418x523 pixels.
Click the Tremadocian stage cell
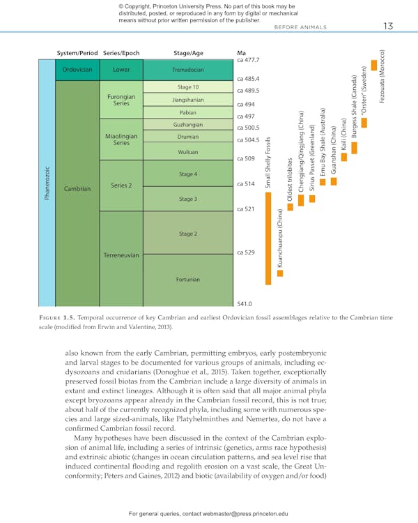click(187, 70)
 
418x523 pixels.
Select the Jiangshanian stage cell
click(187, 100)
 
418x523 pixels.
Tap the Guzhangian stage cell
click(187, 124)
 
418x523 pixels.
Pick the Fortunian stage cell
click(187, 280)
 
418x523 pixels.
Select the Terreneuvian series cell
click(121, 255)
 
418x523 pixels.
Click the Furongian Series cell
click(121, 100)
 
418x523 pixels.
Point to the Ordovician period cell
click(77, 70)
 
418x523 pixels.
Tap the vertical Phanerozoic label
click(47, 183)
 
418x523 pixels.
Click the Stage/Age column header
click(187, 52)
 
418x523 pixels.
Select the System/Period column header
click(77, 52)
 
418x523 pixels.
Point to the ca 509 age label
click(246, 159)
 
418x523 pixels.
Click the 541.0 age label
click(245, 304)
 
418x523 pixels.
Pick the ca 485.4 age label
click(248, 79)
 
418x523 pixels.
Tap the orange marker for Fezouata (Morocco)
click(375, 66)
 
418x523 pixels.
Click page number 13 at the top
click(388, 26)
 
